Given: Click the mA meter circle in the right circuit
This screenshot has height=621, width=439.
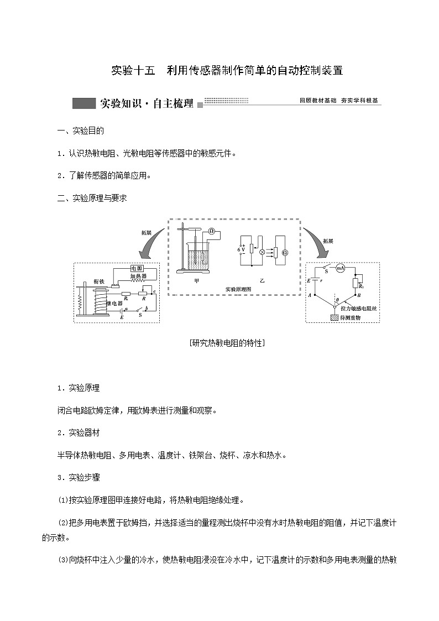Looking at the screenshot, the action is (x=341, y=268).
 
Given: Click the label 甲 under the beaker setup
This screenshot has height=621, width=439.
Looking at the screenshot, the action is (x=197, y=281).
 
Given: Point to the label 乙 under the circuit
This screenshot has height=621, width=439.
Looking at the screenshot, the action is (x=263, y=281).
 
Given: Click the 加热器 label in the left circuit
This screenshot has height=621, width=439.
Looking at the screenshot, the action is (x=138, y=276).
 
